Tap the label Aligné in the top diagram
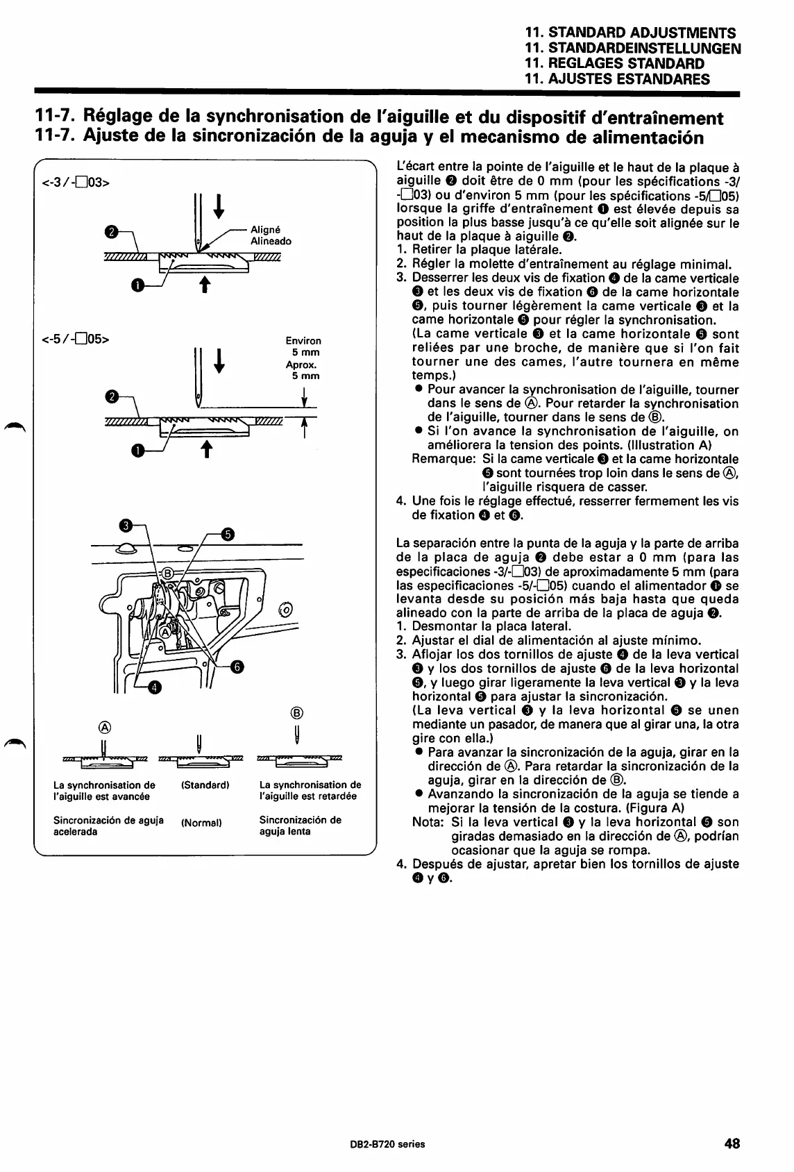[266, 231]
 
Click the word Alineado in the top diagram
[271, 242]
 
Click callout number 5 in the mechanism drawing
[228, 534]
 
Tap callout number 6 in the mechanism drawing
[237, 667]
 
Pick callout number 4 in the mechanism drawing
[154, 688]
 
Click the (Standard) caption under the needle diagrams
[205, 785]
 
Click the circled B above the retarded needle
[296, 712]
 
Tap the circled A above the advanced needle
[105, 727]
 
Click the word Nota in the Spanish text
[428, 822]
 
